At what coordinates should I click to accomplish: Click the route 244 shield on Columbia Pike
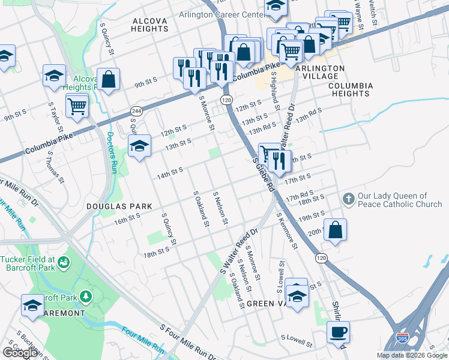pyautogui.click(x=136, y=112)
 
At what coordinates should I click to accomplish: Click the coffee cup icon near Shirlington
pyautogui.click(x=338, y=332)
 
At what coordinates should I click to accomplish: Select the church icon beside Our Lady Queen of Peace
pyautogui.click(x=348, y=199)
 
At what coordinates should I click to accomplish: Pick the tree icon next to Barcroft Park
pyautogui.click(x=86, y=296)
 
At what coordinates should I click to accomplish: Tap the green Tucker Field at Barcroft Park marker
pyautogui.click(x=64, y=262)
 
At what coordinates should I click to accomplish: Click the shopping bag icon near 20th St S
pyautogui.click(x=335, y=230)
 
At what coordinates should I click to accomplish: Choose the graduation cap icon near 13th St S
pyautogui.click(x=139, y=146)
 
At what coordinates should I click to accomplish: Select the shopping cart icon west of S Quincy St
pyautogui.click(x=77, y=106)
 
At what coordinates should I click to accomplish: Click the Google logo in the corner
pyautogui.click(x=20, y=353)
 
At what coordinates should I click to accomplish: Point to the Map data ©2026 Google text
pyautogui.click(x=412, y=355)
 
